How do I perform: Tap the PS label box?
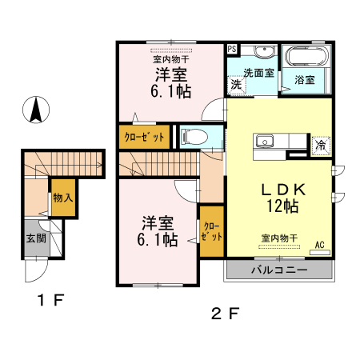[x=232, y=49]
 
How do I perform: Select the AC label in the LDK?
[x=319, y=244]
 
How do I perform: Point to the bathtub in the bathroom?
[x=306, y=58]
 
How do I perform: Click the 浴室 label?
[x=305, y=81]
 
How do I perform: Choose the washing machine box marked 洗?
[x=237, y=83]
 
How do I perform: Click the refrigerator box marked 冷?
[x=320, y=146]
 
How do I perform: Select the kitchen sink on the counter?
[x=265, y=143]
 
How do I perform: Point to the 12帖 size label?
[x=282, y=207]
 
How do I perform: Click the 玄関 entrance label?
[x=35, y=238]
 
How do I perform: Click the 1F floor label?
[x=48, y=302]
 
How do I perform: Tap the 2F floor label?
[x=225, y=313]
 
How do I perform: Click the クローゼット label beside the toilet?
[x=145, y=137]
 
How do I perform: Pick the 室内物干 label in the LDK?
[x=280, y=238]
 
